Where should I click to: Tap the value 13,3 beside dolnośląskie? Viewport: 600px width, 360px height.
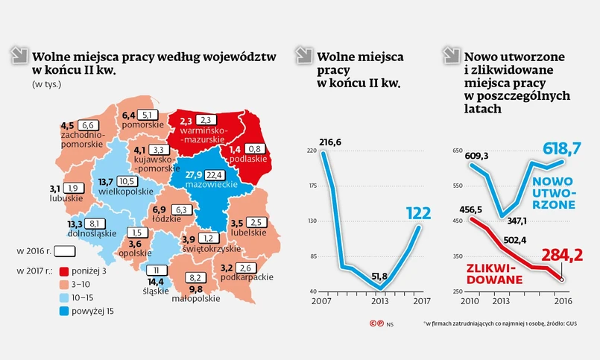coord(74,223)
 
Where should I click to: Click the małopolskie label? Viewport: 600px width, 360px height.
coord(196,298)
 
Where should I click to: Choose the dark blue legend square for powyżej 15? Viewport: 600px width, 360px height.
coord(63,310)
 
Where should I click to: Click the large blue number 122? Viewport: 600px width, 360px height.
coord(418,214)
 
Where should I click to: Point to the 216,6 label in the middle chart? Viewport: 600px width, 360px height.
coord(329,142)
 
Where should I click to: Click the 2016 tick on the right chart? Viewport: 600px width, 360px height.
coord(560,300)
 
